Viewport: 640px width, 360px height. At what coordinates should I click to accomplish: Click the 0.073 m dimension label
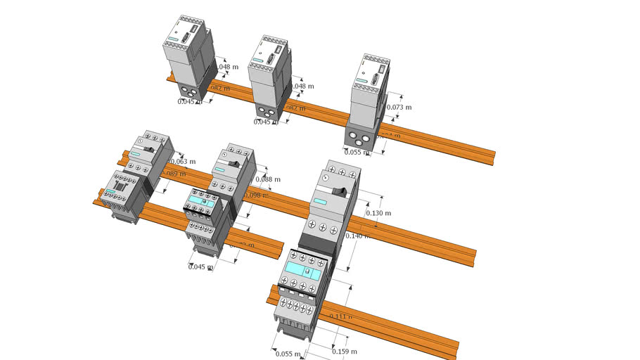[399, 108]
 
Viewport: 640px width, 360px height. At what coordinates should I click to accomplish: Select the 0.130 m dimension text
[379, 213]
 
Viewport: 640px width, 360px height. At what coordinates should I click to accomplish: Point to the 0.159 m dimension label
[344, 352]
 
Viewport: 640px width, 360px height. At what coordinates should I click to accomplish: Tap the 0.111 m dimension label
[341, 317]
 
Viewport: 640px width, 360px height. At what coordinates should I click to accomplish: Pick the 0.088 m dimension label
[268, 179]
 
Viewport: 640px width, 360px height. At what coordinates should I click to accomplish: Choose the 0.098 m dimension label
[257, 195]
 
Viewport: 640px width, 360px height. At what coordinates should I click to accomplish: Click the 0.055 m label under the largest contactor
[288, 354]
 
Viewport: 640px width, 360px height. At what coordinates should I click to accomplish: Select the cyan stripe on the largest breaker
[320, 202]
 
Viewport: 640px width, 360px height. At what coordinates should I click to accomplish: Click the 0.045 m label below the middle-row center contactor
[200, 266]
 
